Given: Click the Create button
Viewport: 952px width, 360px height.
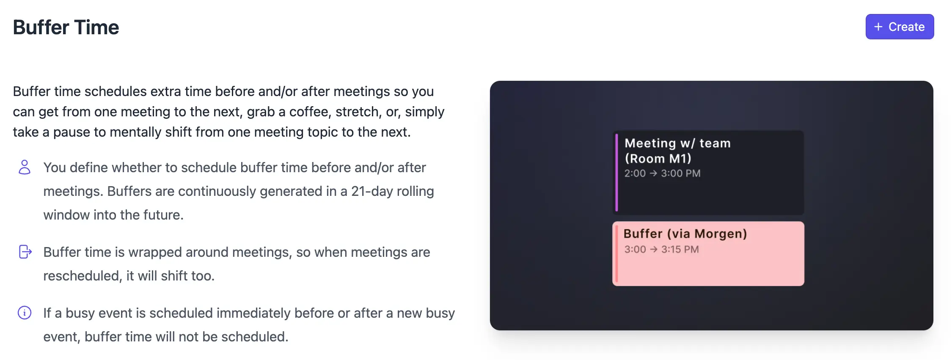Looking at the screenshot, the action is coord(900,27).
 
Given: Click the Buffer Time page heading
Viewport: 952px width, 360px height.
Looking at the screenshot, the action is coord(66,27).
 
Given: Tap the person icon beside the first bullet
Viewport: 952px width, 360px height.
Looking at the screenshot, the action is coord(25,167).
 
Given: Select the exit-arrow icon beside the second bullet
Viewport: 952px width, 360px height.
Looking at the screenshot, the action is coord(25,252).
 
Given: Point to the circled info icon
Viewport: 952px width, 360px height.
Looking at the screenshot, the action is coord(25,313).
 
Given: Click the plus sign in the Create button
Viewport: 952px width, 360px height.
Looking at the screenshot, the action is coord(878,27).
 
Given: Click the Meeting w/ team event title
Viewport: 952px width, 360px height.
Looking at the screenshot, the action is coord(678,143).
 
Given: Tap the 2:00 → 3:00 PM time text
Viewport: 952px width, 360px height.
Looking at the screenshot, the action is coord(663,173).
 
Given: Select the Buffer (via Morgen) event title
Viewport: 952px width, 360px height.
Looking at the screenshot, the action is coord(685,234).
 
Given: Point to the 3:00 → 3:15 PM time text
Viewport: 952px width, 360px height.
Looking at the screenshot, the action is coord(662,250).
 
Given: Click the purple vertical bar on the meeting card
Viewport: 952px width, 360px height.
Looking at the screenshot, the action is coord(616,172).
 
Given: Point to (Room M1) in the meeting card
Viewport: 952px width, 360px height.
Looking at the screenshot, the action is coord(658,159).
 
